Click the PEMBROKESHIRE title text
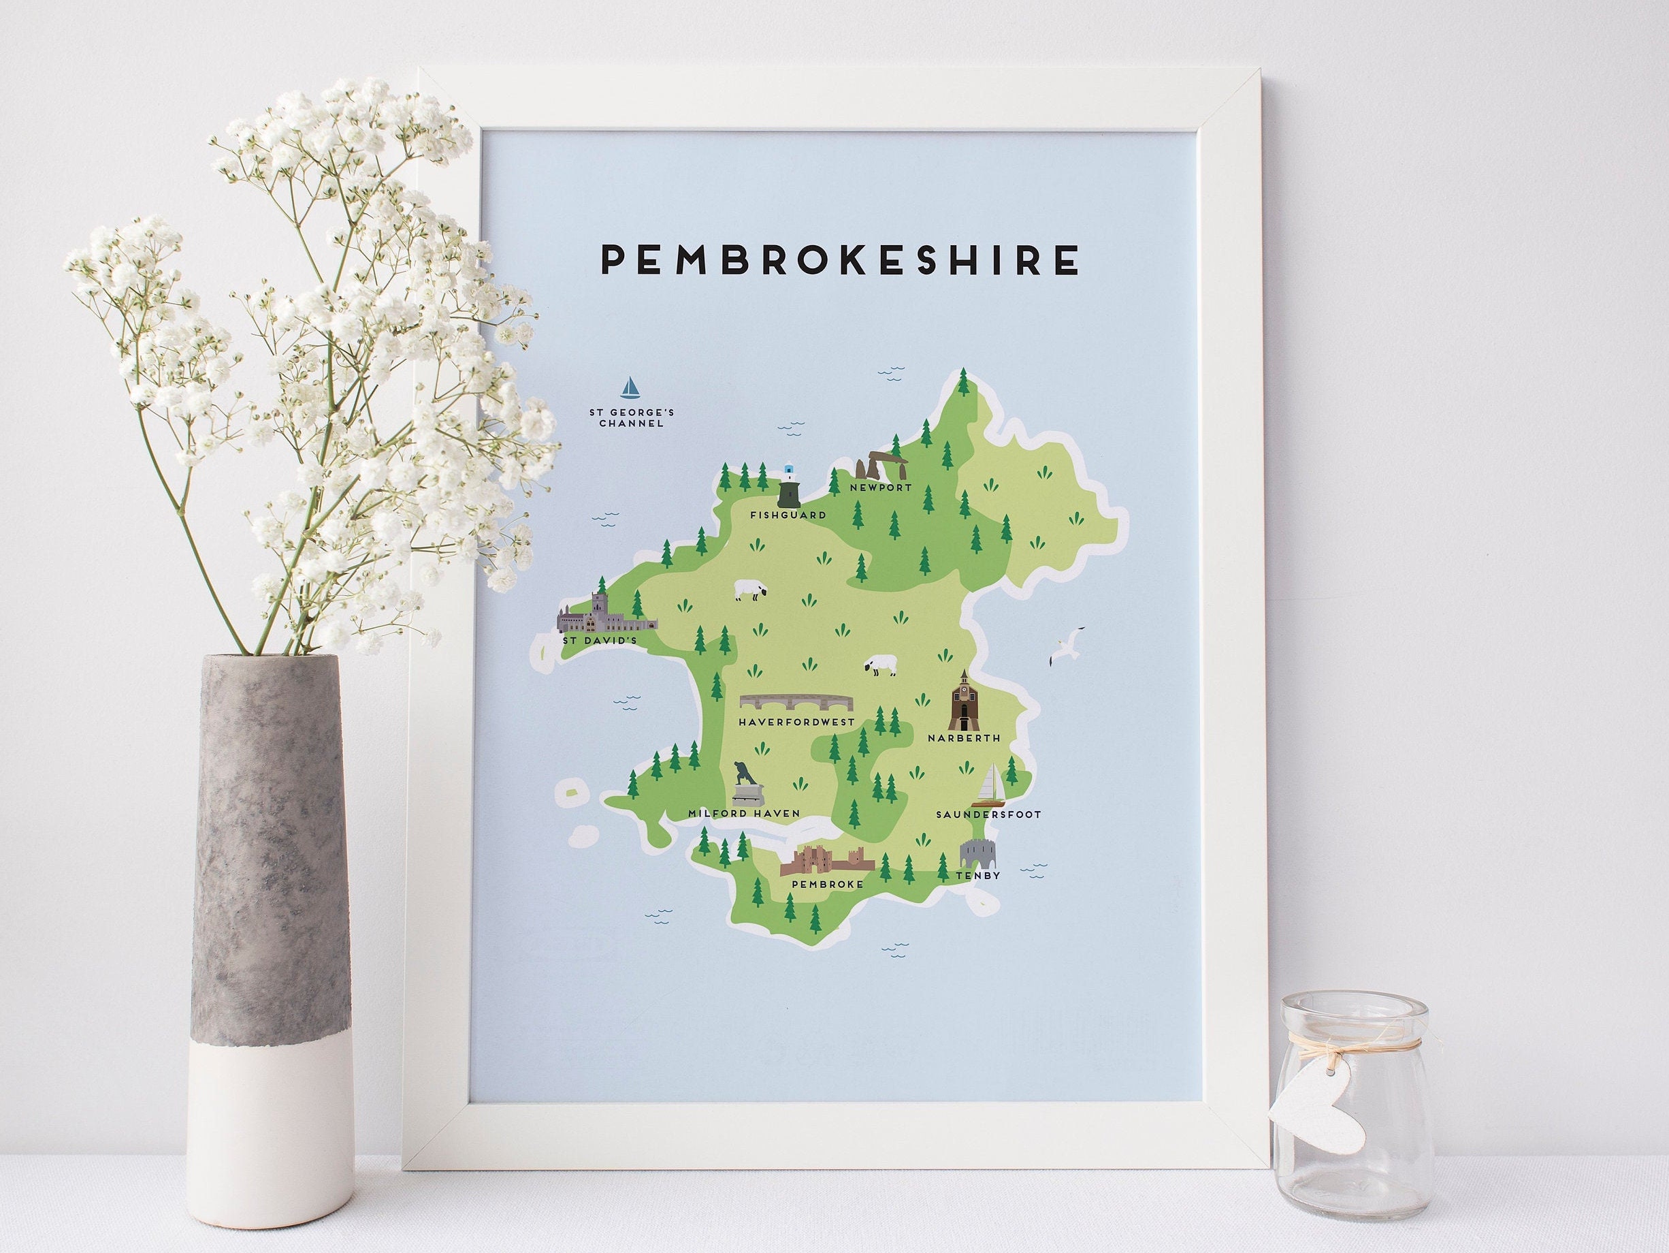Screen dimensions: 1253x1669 pos(839,260)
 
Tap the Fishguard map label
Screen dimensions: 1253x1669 pos(788,515)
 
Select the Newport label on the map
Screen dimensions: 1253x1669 pos(881,488)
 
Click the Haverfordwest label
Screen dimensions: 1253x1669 pos(797,723)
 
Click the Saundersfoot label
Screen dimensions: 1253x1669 pos(988,814)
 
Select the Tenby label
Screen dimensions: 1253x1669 pos(978,875)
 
